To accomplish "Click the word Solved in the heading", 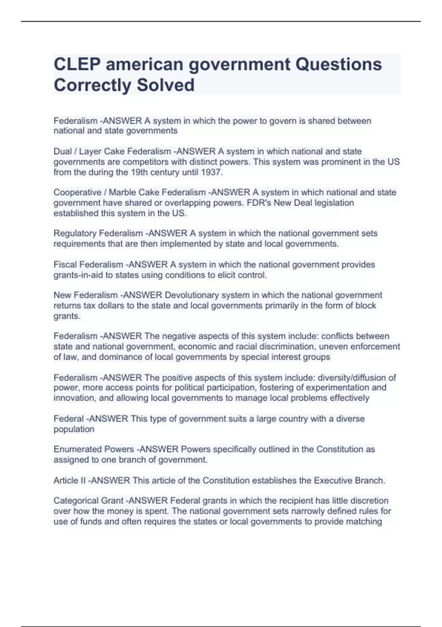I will point(166,85).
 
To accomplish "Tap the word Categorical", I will point(76,501).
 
